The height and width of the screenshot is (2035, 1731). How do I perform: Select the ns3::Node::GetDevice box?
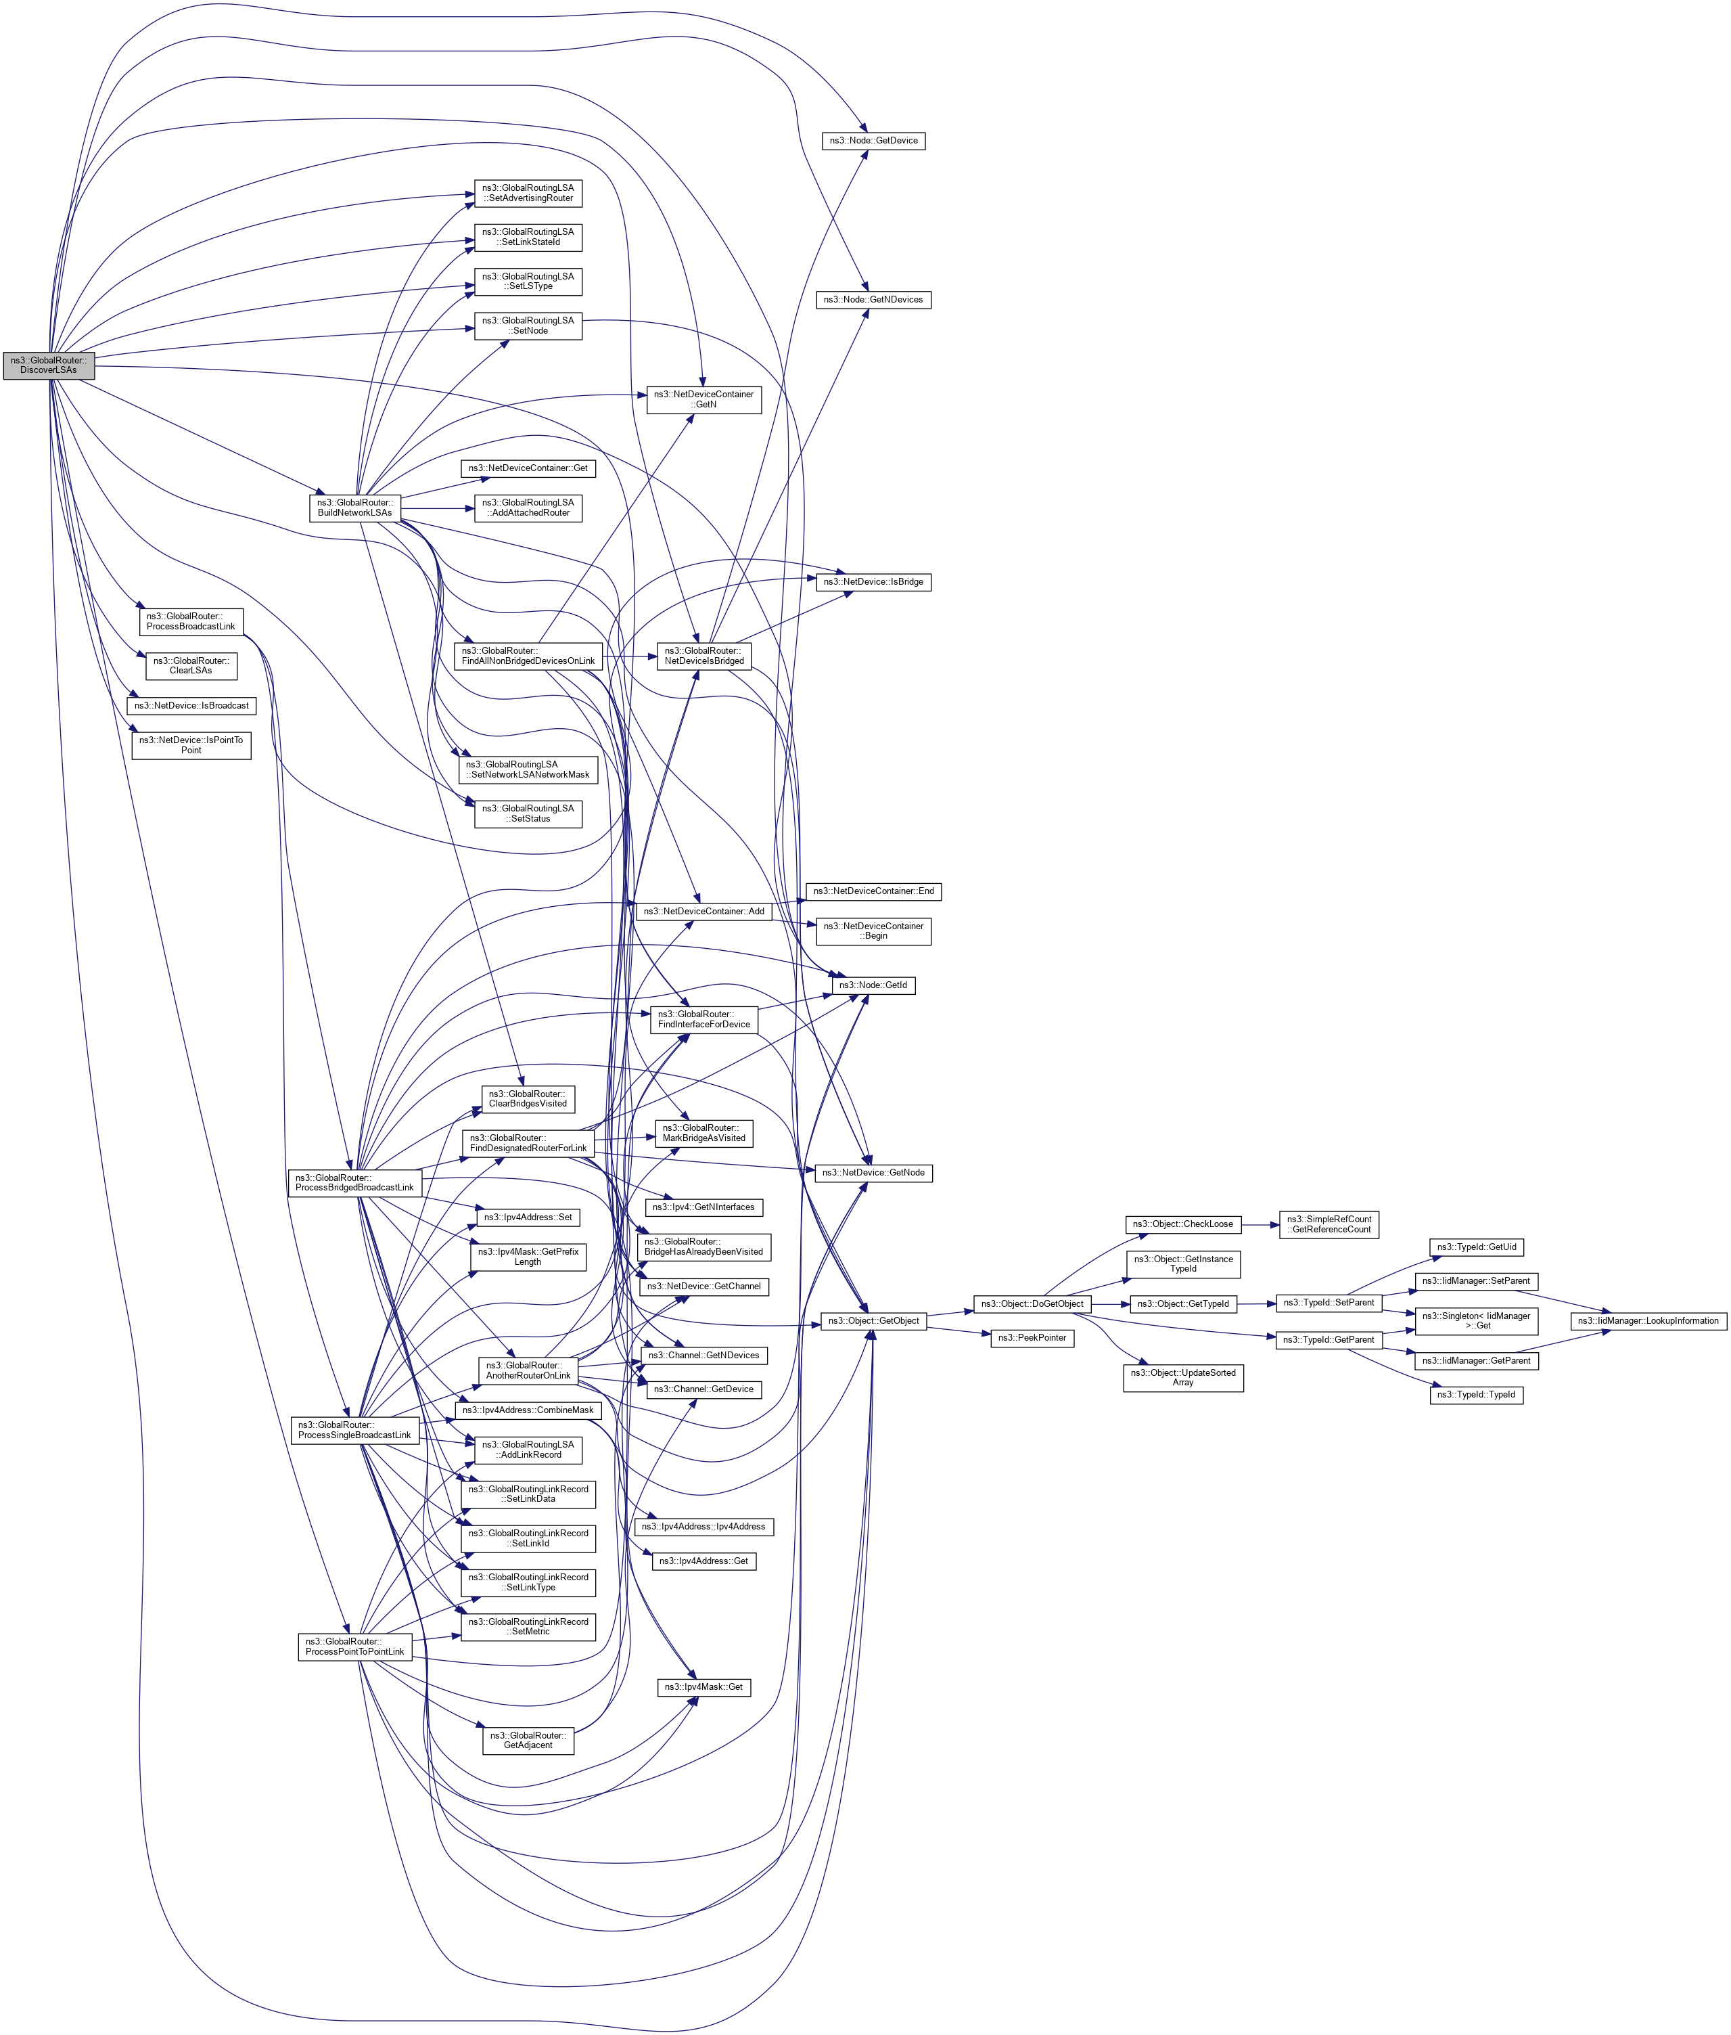coord(873,140)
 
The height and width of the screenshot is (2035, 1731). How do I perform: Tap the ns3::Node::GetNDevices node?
coord(873,299)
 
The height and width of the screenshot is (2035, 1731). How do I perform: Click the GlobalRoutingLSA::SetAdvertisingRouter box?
coord(528,194)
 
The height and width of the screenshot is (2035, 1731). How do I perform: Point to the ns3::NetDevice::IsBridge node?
coord(873,582)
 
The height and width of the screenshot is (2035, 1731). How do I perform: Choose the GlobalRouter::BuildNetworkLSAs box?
coord(354,508)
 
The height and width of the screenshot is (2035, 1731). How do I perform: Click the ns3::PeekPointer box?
coord(1032,1338)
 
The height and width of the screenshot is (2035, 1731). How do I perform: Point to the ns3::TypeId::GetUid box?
coord(1476,1247)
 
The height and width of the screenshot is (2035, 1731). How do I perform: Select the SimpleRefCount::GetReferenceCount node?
coord(1329,1224)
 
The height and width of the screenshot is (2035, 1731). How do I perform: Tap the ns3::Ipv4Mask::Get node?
coord(703,1686)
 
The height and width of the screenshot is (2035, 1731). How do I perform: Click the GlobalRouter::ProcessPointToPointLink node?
coord(354,1647)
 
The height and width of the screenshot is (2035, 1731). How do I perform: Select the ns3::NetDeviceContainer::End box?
coord(873,891)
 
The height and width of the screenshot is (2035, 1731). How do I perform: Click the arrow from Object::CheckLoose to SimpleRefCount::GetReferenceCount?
coord(1260,1224)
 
